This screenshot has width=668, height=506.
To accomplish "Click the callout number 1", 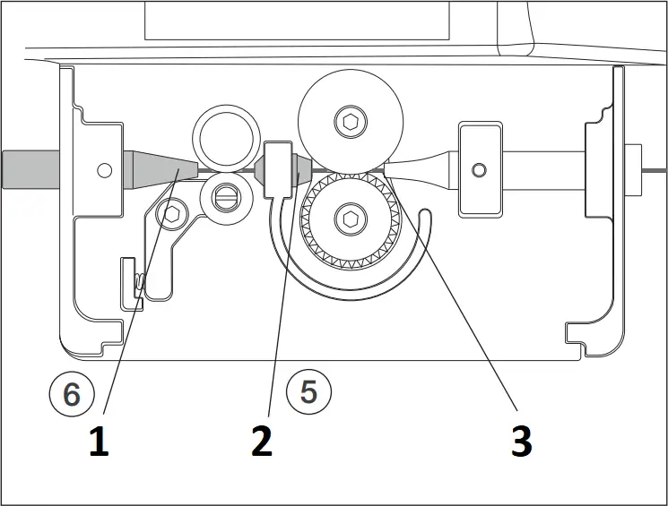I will [x=99, y=442].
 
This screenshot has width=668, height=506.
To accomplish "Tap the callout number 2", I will [x=262, y=442].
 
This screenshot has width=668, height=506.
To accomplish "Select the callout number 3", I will [x=521, y=442].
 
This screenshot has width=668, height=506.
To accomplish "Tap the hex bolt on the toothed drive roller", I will [x=349, y=218].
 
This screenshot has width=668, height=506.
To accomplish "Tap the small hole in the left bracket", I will [x=105, y=168].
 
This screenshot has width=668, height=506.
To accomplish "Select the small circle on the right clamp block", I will [x=480, y=169].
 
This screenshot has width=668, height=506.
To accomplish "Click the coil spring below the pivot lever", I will [x=140, y=283].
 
